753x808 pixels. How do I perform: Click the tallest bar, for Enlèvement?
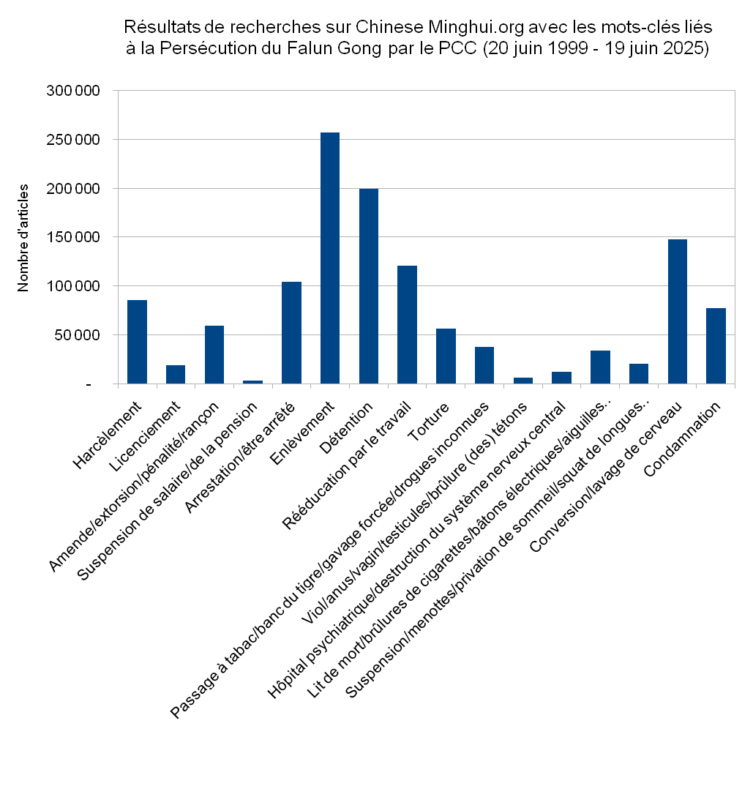(330, 258)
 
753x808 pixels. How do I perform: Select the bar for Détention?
(369, 286)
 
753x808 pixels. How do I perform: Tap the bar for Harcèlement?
(137, 342)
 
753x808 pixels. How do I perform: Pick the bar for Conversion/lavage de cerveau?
(677, 311)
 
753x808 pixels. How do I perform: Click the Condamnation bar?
(716, 345)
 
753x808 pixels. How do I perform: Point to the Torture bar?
(446, 356)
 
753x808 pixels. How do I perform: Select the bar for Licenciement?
(175, 375)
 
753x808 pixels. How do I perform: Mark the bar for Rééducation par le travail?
(407, 325)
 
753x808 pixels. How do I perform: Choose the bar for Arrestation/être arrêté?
(291, 333)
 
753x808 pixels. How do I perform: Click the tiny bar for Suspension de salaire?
(252, 382)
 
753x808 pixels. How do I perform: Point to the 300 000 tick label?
(73, 91)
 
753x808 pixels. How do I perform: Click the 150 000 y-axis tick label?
(73, 237)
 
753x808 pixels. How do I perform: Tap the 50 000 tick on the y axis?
(77, 335)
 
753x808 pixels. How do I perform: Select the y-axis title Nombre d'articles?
(23, 238)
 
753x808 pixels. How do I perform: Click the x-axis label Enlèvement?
(302, 433)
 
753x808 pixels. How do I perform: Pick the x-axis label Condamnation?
(682, 440)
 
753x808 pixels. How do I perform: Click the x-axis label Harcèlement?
(107, 435)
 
